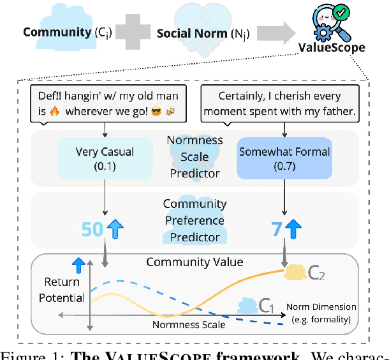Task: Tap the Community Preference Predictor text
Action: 194,221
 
